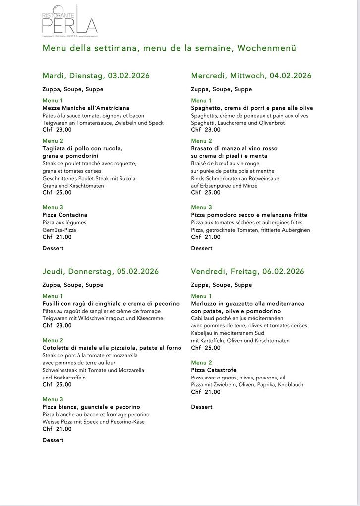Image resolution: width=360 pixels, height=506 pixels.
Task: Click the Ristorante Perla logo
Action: (69, 21)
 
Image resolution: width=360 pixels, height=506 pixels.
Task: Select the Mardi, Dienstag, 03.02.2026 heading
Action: (96, 76)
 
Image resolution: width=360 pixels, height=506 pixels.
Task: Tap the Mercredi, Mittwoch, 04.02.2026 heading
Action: (251, 76)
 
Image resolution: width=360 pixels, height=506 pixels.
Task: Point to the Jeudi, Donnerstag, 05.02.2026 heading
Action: (100, 271)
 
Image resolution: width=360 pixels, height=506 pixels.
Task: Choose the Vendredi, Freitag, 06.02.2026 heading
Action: (247, 271)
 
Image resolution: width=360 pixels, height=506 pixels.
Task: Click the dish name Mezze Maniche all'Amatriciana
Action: (86, 108)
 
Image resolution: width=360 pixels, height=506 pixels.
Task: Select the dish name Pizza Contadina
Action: (64, 215)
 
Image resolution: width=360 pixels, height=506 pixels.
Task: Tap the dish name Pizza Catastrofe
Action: (214, 370)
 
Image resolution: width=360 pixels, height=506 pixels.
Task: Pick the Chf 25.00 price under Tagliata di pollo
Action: (57, 193)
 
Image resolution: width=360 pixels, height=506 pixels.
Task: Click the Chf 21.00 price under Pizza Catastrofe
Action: (206, 392)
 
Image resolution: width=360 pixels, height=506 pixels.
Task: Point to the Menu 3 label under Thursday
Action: (53, 399)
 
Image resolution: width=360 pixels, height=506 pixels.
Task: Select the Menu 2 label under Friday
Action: (201, 363)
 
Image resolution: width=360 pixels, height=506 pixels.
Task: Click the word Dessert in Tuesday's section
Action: (53, 248)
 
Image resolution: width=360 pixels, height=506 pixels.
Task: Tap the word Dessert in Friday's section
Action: (202, 407)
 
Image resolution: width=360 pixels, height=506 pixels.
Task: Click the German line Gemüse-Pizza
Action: (59, 230)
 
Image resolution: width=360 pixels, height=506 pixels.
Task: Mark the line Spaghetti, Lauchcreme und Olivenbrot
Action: (238, 123)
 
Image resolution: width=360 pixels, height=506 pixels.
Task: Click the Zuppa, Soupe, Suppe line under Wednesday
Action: (221, 89)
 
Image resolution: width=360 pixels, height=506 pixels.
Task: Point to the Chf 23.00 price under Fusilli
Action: (57, 325)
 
